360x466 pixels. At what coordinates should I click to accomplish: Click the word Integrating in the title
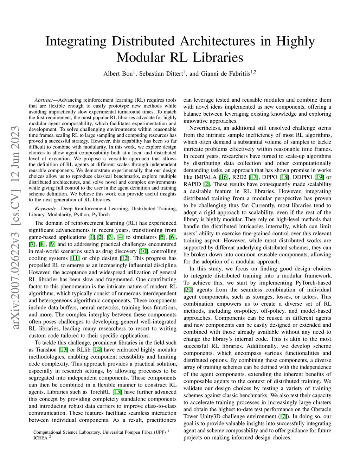tap(76, 42)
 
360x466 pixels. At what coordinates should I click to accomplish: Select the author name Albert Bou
tap(118, 74)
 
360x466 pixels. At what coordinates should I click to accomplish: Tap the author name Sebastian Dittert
tap(161, 74)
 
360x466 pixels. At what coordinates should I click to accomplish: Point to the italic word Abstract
tap(44, 100)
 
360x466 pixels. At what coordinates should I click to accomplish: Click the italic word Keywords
tap(45, 209)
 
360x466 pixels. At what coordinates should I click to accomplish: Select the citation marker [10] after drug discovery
tap(143, 251)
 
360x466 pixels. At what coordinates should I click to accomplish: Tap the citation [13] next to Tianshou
tap(64, 350)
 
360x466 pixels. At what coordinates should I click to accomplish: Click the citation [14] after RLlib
tap(97, 350)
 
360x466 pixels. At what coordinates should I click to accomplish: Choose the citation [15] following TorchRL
tap(117, 392)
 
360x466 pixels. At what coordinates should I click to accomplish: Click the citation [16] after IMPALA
tap(224, 177)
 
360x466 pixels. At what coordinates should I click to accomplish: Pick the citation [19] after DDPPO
tap(319, 177)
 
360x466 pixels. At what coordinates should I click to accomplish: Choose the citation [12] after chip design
tap(124, 258)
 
